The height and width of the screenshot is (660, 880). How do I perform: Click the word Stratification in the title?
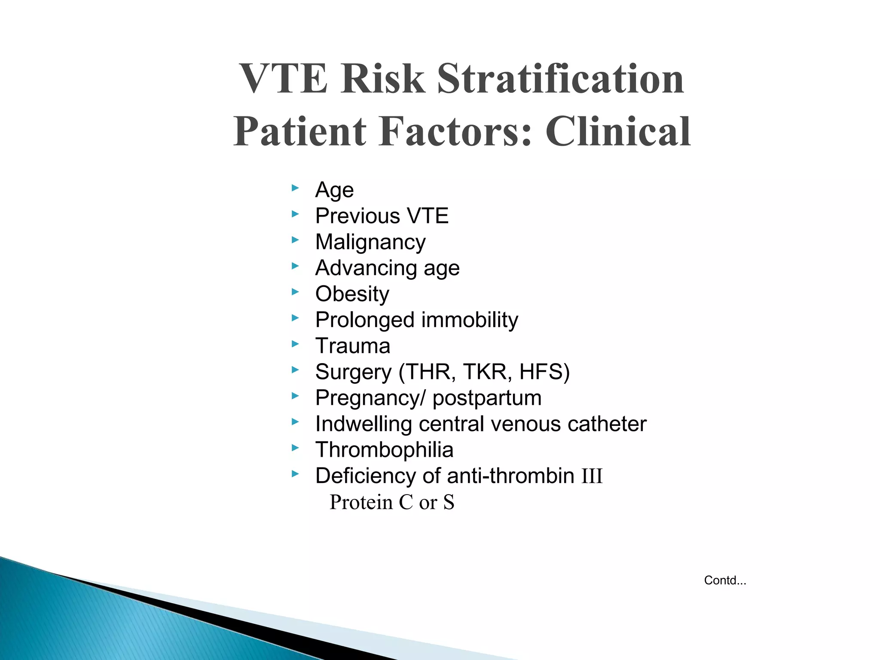[x=560, y=79]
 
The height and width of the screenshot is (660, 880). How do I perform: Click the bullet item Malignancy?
[x=370, y=242]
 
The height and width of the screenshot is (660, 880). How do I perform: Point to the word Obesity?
[x=352, y=294]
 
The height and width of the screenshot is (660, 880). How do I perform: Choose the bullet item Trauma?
[x=353, y=346]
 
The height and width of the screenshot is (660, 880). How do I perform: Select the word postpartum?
[x=487, y=398]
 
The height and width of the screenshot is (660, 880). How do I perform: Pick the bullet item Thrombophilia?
[x=384, y=450]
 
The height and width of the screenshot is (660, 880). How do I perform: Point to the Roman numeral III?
[x=592, y=477]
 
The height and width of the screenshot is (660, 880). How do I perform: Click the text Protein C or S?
[x=391, y=502]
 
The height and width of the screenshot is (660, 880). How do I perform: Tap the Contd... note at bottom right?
[x=725, y=581]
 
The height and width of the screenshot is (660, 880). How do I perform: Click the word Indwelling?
[x=363, y=424]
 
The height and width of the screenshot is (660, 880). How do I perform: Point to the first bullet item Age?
[x=334, y=190]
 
